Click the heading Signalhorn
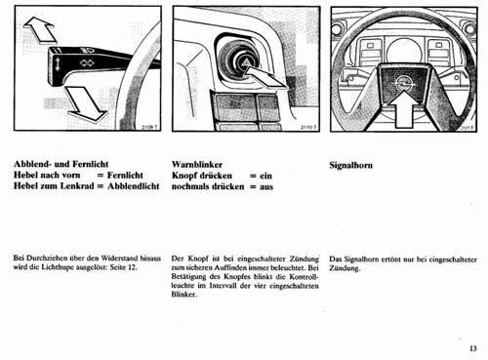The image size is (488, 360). point(351,165)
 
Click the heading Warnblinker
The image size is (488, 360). point(197,165)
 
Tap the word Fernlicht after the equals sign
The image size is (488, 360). point(125,176)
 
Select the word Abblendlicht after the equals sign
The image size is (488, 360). point(134,186)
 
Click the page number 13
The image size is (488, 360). point(473,348)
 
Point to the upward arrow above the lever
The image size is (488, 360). point(40,30)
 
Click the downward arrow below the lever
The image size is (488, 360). point(86,103)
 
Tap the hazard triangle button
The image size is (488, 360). point(245,63)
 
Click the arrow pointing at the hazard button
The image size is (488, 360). point(264,77)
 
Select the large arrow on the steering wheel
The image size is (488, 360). point(404,110)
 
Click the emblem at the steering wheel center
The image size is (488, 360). point(404,83)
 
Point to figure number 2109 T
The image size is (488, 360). point(151,127)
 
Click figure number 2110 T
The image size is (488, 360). point(308,127)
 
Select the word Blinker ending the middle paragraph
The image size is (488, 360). point(184,295)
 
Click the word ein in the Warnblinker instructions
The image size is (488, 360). point(265,176)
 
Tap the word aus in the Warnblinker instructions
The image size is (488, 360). point(266,186)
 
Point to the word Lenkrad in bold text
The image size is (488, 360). point(79,186)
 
